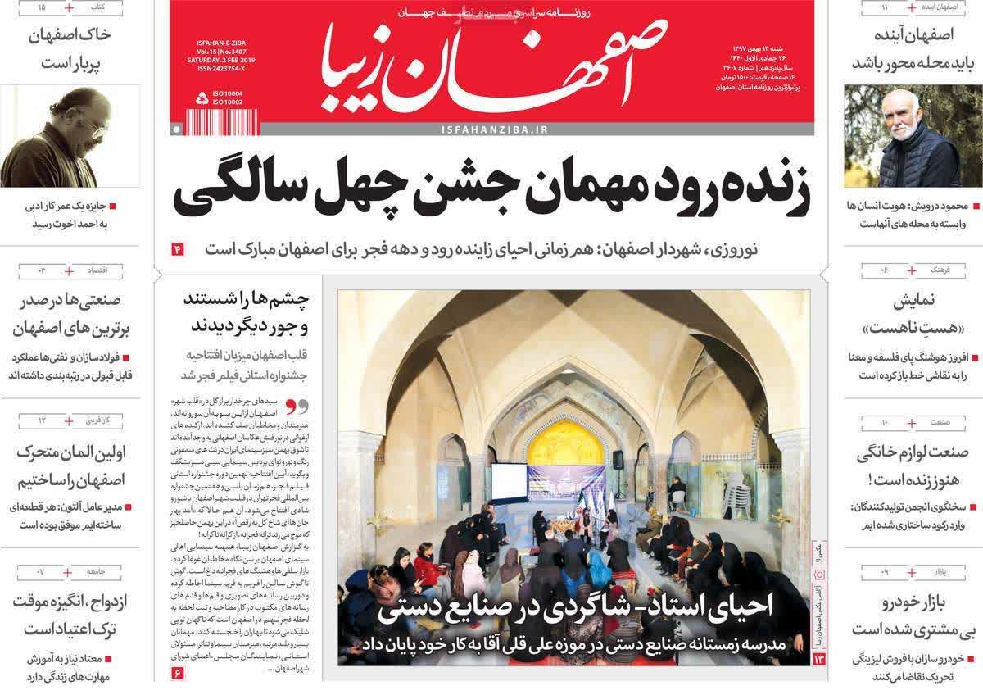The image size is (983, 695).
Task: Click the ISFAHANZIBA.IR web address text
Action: [x=494, y=129]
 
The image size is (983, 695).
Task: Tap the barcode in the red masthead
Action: [x=210, y=121]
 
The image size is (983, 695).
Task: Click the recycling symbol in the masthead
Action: [x=202, y=98]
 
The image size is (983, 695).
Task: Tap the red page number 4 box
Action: [x=176, y=248]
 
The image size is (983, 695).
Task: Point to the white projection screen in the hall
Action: [x=507, y=481]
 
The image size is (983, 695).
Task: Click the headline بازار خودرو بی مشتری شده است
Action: [x=909, y=616]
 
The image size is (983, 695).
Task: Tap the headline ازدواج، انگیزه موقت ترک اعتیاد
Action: [x=72, y=616]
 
